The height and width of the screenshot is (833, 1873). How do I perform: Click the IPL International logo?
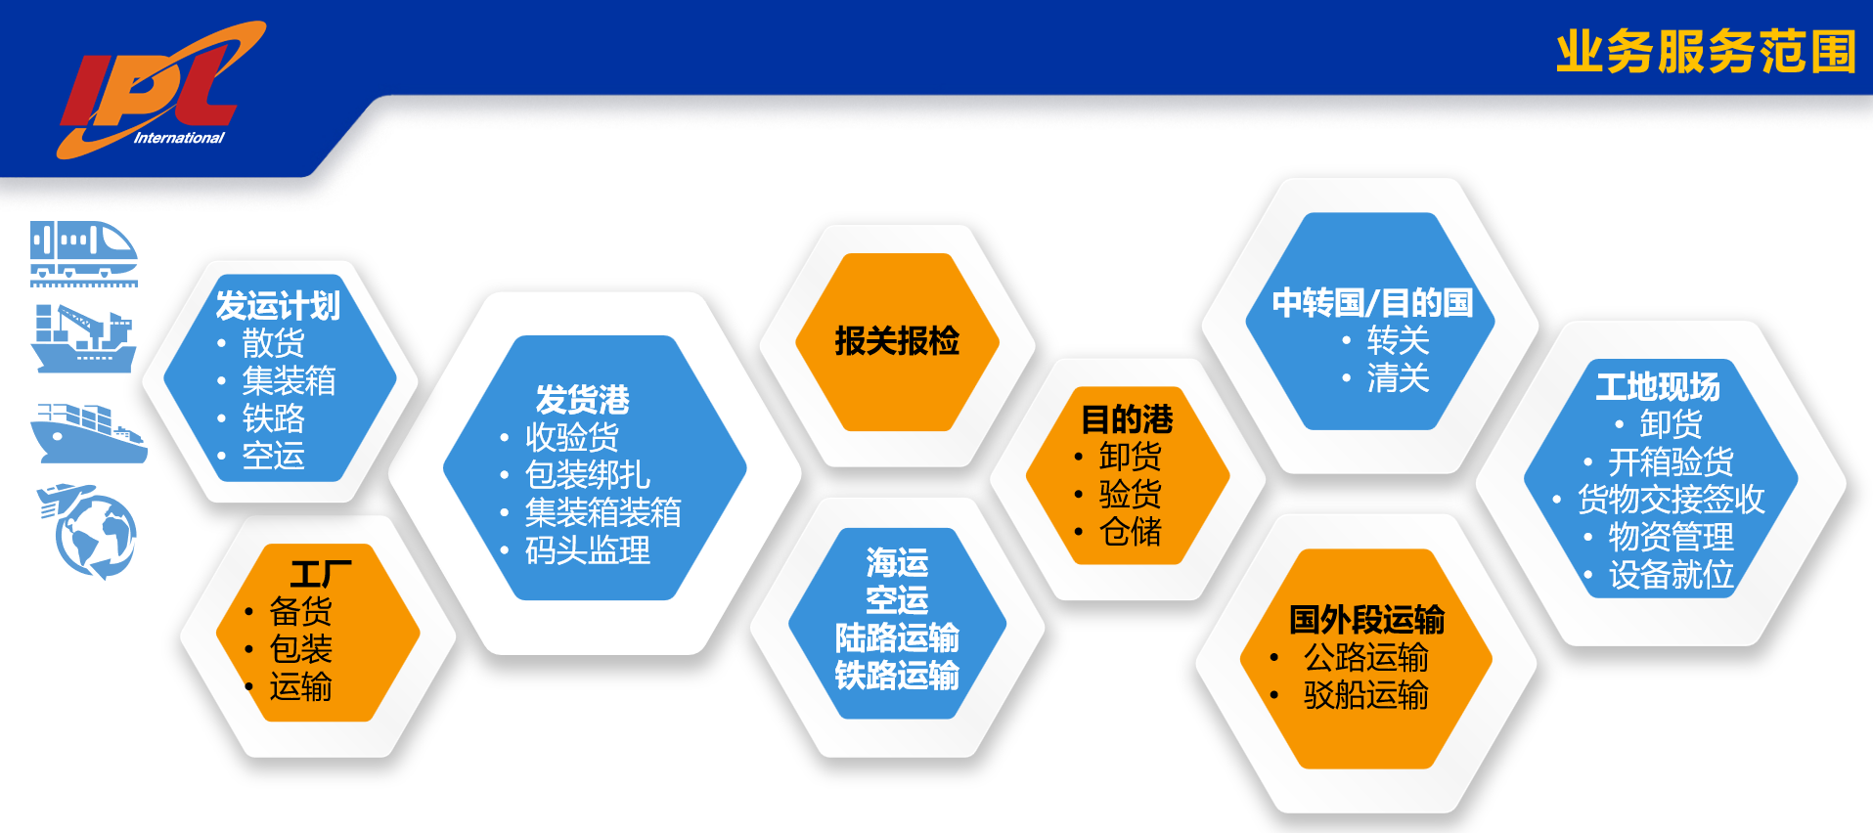coord(161,90)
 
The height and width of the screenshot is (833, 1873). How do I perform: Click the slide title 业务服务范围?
coord(1707,52)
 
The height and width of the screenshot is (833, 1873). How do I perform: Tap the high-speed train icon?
coord(83,253)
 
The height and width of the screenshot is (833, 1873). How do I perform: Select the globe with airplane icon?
coord(88,531)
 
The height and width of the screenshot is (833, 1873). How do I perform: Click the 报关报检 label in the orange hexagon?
coord(897,341)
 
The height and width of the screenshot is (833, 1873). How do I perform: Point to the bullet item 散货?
coord(273,343)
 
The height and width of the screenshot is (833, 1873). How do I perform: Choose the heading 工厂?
coord(321,574)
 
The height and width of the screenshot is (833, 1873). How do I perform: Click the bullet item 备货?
coord(300,611)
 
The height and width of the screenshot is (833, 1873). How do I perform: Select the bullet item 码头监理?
coord(587,550)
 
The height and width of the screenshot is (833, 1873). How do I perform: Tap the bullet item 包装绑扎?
coord(587,474)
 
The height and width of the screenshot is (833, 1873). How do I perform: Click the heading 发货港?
coord(583,400)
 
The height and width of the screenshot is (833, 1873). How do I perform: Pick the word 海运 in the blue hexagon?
coord(897,562)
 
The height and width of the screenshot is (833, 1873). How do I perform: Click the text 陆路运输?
coord(897,637)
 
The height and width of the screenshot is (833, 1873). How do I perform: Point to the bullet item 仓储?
coord(1130,532)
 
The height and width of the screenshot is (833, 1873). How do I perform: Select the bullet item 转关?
coord(1398,340)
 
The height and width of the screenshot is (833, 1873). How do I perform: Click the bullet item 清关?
coord(1398,377)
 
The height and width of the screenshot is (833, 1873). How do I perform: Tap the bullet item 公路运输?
coord(1365,657)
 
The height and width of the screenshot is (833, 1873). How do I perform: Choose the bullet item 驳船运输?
coord(1365,694)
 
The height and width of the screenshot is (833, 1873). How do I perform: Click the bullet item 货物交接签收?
coord(1671,499)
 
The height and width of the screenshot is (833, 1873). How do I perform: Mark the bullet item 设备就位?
coord(1671,575)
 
